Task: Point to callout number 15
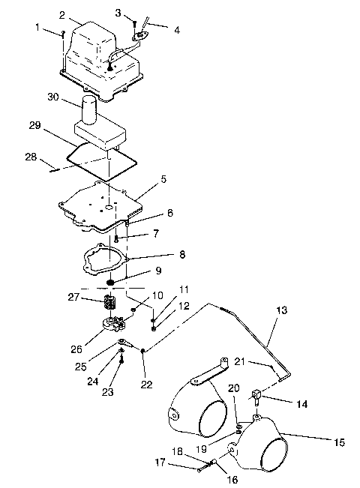(x=339, y=443)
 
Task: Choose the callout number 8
(x=181, y=255)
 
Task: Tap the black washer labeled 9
(x=111, y=283)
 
